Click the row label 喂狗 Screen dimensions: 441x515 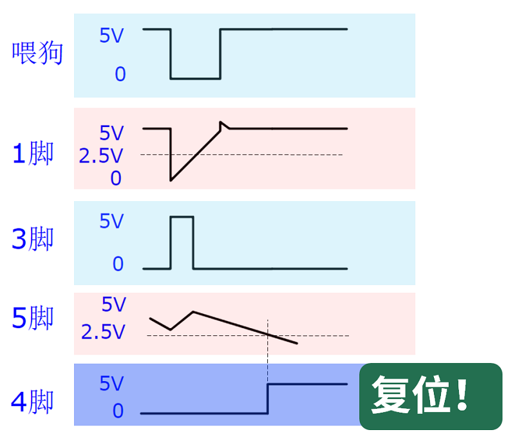pos(38,54)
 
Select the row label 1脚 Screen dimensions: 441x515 pos(33,155)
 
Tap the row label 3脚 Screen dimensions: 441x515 pos(33,240)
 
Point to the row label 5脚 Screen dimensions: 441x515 pos(33,318)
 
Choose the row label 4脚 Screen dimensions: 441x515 pos(33,403)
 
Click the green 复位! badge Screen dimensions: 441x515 pos(430,396)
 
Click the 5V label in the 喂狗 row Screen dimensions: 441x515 pos(111,36)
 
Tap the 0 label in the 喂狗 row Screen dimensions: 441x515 pos(120,75)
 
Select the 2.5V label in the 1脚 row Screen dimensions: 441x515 pos(102,156)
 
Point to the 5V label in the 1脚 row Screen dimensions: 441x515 pos(111,133)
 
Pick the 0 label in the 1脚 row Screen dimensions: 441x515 pos(116,179)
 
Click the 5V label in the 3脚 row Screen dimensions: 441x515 pos(111,222)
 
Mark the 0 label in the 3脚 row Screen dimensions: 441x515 pos(118,264)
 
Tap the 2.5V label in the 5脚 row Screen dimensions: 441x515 pos(103,333)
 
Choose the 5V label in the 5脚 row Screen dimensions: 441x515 pos(115,304)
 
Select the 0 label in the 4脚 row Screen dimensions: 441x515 pos(118,411)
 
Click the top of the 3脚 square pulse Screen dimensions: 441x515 pos(182,217)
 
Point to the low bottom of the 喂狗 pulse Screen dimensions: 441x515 pos(196,79)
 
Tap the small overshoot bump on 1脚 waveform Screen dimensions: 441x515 pos(222,123)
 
